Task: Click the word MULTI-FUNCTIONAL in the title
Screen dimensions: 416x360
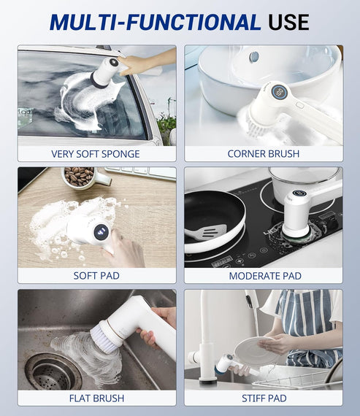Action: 155,22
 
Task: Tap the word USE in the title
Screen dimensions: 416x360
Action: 289,22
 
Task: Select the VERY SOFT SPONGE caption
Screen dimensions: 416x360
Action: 96,154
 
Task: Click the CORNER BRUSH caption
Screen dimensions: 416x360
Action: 264,154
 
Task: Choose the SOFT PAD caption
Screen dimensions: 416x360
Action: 96,276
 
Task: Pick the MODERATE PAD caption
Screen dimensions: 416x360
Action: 264,276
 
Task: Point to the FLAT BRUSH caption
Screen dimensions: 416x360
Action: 96,398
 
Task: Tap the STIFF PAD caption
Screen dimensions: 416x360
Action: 264,398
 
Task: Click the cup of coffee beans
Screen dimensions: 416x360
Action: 80,177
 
